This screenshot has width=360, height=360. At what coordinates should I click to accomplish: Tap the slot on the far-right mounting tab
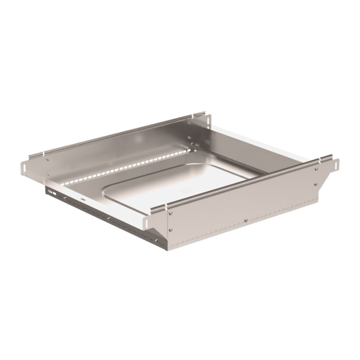tap(337, 163)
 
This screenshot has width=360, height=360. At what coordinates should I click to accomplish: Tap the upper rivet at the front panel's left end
tap(170, 212)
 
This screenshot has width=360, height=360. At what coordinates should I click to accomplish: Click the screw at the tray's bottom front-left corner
tap(158, 242)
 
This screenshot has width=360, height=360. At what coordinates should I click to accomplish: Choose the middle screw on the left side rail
tap(109, 218)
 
